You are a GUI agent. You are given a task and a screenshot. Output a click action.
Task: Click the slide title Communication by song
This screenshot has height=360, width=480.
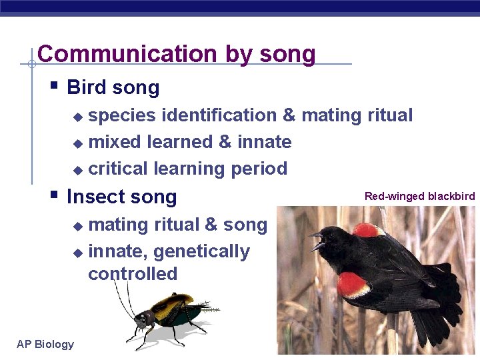[177, 54]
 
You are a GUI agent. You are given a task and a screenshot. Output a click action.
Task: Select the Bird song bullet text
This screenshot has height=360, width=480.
[113, 88]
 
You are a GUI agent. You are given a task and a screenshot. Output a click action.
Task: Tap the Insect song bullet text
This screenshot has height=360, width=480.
[122, 197]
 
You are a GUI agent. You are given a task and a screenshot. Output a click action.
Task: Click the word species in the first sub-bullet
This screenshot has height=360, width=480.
[122, 115]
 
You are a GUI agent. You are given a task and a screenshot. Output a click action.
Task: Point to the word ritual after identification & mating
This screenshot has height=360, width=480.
[390, 115]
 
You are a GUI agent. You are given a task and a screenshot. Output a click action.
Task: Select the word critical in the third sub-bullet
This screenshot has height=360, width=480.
[118, 169]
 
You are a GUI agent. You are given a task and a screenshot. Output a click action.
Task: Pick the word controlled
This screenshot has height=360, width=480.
[133, 274]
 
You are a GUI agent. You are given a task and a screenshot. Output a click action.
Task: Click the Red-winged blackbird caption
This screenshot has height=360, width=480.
[419, 196]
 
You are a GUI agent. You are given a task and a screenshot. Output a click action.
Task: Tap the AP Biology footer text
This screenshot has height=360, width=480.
[45, 344]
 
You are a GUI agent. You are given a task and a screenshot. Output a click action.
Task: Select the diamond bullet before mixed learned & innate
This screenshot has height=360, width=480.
[78, 143]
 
